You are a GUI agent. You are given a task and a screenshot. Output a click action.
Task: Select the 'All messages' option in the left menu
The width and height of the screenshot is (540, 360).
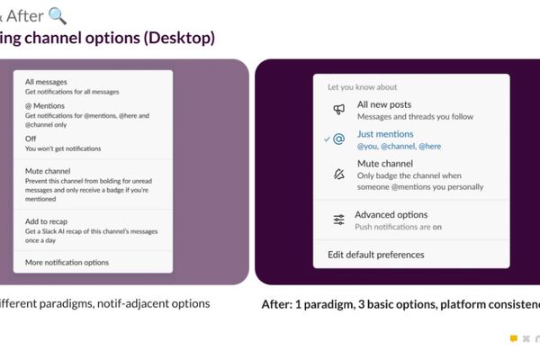(x=46, y=82)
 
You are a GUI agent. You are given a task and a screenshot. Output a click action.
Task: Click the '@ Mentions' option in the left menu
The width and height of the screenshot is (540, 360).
(x=45, y=106)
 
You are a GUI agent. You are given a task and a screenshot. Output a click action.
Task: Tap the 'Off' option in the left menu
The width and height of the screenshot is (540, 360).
(x=31, y=139)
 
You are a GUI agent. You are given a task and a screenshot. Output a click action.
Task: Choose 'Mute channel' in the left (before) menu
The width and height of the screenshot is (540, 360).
(x=48, y=170)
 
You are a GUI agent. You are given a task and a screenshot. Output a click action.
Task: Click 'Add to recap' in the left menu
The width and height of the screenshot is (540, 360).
(x=46, y=220)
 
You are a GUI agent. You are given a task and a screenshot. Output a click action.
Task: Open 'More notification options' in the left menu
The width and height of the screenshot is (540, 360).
(x=67, y=262)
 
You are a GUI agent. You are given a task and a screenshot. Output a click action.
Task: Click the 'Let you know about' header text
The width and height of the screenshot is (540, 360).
(x=361, y=87)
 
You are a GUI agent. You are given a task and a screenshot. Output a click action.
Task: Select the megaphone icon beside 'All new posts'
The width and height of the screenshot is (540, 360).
(x=338, y=110)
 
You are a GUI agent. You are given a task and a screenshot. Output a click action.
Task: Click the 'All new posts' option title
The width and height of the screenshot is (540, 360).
(x=384, y=105)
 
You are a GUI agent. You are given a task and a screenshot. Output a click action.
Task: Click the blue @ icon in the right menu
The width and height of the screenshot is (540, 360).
(x=338, y=139)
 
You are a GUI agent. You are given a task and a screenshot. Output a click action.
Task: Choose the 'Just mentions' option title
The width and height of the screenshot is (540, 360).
(x=385, y=134)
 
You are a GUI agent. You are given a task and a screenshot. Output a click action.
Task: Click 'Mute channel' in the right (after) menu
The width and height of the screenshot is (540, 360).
(x=385, y=164)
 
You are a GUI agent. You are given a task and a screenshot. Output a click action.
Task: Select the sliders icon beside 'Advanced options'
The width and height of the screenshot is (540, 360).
(x=338, y=220)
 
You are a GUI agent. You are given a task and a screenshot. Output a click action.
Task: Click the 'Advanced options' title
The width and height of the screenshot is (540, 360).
(x=391, y=215)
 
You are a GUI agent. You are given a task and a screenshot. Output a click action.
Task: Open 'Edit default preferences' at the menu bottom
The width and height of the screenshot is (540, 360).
(x=375, y=255)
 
